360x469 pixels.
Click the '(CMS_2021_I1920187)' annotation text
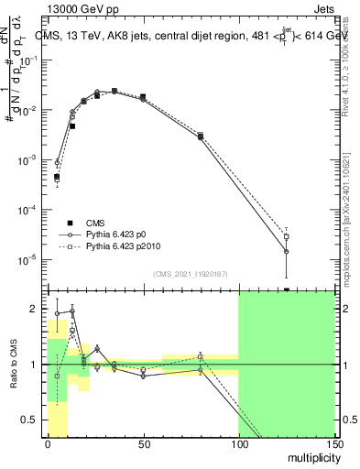(190, 274)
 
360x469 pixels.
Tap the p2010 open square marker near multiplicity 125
(287, 236)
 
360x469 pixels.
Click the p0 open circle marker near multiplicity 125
(287, 251)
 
